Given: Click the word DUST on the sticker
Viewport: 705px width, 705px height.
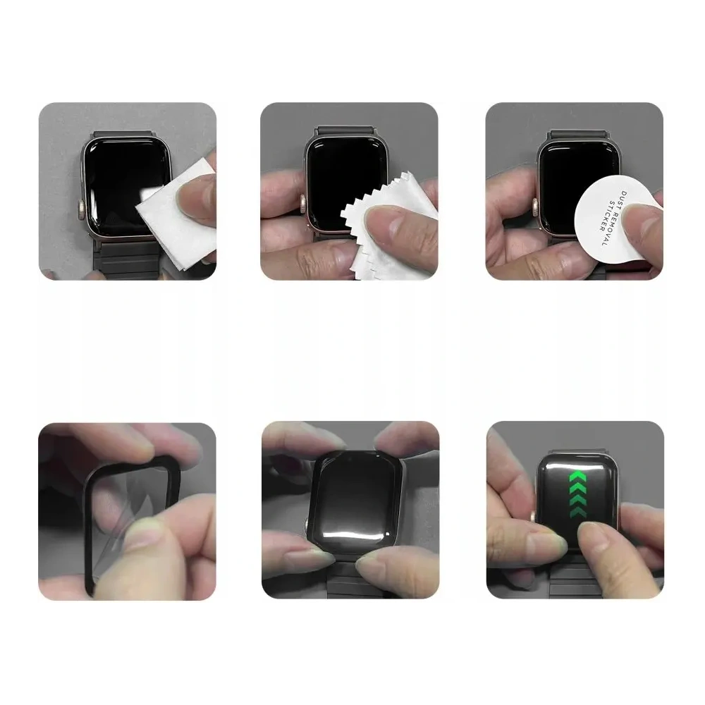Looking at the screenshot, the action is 624,200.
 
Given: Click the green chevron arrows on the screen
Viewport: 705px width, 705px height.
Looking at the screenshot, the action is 578,494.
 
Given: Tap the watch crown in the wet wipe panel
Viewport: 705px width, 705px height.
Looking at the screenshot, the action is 82,209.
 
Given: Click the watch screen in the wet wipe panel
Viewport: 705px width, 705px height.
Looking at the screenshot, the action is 121,184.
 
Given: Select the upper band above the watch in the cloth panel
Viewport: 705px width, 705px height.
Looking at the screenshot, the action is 345,130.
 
